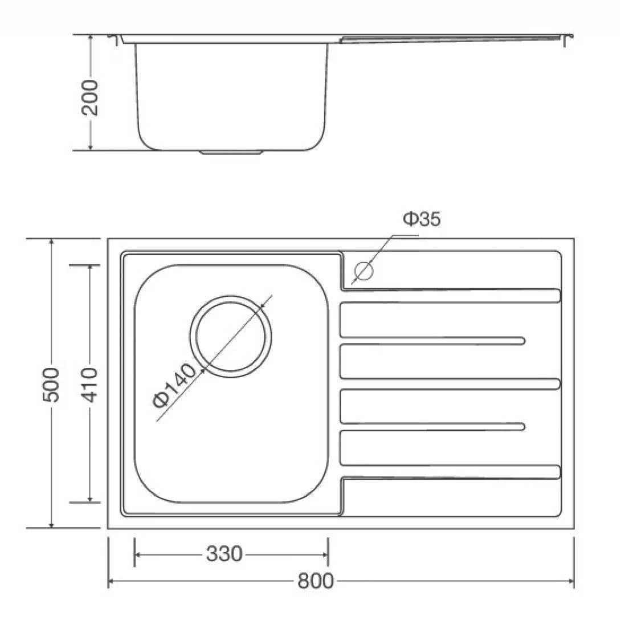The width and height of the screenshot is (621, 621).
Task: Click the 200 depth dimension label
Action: pyautogui.click(x=90, y=97)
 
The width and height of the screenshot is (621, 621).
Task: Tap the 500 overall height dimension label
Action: pyautogui.click(x=51, y=385)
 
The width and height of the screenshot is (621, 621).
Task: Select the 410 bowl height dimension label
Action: pyautogui.click(x=89, y=385)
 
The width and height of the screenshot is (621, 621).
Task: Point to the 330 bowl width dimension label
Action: pyautogui.click(x=224, y=553)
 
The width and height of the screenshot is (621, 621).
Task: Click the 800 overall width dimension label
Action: pyautogui.click(x=315, y=581)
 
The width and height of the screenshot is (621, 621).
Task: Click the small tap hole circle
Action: pyautogui.click(x=363, y=270)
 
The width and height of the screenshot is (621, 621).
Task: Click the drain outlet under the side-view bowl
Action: pyautogui.click(x=231, y=153)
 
